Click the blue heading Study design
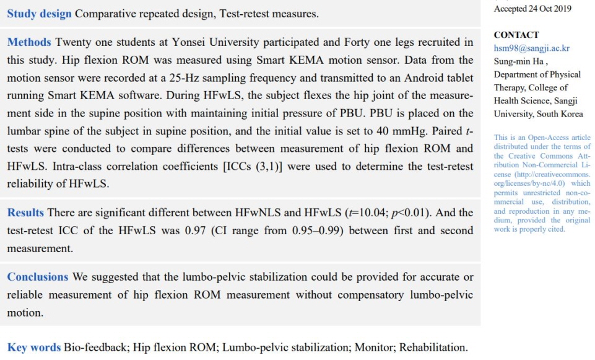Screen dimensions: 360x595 39,13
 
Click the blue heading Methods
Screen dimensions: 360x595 29,43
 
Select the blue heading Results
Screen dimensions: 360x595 25,213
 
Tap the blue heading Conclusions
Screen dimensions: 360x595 38,277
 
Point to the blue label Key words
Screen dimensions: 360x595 34,348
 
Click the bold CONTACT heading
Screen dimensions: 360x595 516,35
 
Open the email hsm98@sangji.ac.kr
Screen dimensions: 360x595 531,48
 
